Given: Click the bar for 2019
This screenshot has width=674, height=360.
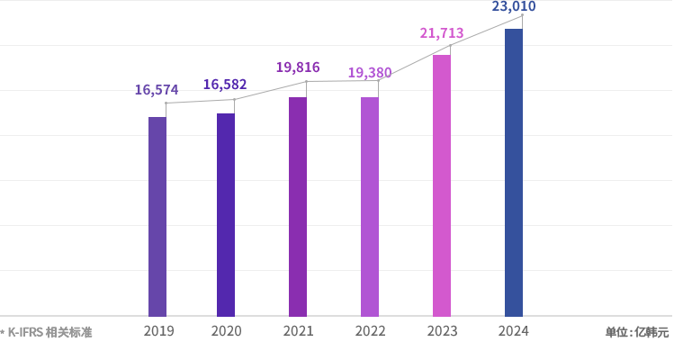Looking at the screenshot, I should tap(157, 216).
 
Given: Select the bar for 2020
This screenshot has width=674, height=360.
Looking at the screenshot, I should tap(226, 214).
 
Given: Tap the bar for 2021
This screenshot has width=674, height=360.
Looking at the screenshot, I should tap(298, 206).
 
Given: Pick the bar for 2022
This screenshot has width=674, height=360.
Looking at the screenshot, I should tap(370, 206).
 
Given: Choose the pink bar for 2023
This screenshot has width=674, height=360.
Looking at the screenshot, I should tap(442, 185).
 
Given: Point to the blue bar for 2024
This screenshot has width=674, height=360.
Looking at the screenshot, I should tap(514, 172).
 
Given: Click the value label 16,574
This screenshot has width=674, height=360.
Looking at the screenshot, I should tap(157, 89).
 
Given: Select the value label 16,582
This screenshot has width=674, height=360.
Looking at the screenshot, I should tap(225, 85).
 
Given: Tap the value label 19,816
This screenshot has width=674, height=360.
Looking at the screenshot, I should tap(298, 67).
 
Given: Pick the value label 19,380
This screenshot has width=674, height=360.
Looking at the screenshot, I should tap(370, 72).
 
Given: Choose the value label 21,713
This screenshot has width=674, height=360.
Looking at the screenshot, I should tap(442, 33).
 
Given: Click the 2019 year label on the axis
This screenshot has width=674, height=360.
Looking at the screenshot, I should tap(158, 331).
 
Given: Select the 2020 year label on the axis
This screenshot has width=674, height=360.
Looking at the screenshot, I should tap(226, 331).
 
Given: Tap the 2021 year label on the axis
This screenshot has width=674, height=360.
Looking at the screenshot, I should tap(298, 331).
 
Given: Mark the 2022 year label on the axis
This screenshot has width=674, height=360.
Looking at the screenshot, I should tap(370, 331).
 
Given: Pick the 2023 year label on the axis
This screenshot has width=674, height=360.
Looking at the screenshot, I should tap(442, 331).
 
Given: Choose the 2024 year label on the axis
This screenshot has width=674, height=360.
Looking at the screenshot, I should tap(514, 331).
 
